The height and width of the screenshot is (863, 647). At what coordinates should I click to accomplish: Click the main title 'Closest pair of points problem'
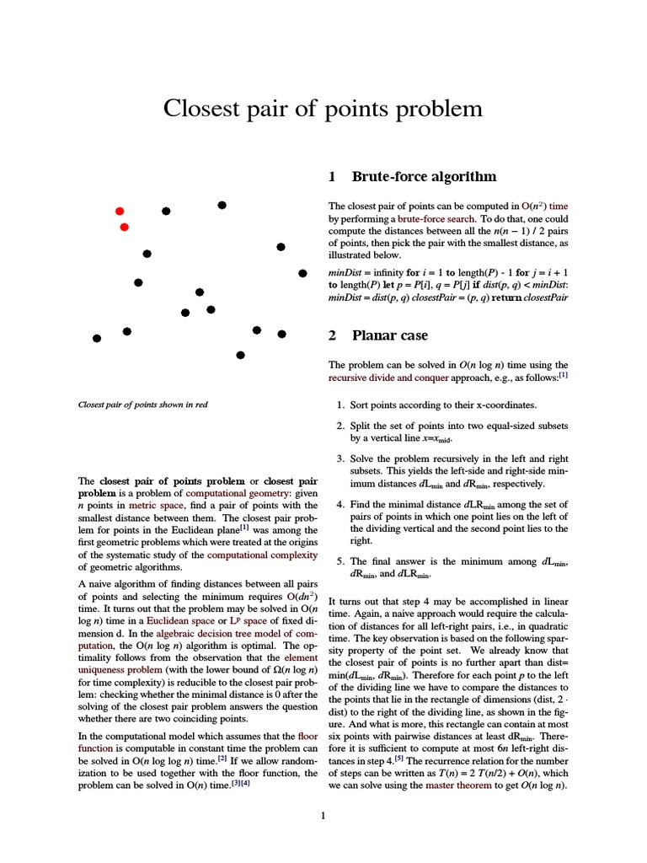pyautogui.click(x=323, y=110)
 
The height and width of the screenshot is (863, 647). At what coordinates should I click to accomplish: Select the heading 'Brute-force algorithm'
pyautogui.click(x=424, y=177)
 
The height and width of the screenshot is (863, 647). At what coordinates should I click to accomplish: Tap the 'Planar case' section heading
pyautogui.click(x=390, y=335)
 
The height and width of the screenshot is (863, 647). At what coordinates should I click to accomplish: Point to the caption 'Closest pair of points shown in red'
pyautogui.click(x=142, y=405)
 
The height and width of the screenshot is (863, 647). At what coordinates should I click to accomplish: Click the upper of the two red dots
pyautogui.click(x=120, y=211)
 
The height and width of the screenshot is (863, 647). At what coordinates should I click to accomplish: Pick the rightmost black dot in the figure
pyautogui.click(x=302, y=273)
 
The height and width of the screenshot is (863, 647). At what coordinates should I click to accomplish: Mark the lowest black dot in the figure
pyautogui.click(x=241, y=355)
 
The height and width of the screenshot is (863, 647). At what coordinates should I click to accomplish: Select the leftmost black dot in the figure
pyautogui.click(x=97, y=338)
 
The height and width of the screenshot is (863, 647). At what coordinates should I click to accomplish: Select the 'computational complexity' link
pyautogui.click(x=262, y=555)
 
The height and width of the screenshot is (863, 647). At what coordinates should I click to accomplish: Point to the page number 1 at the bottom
pyautogui.click(x=323, y=816)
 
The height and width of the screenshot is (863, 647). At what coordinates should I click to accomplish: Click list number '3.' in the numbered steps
pyautogui.click(x=340, y=458)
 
